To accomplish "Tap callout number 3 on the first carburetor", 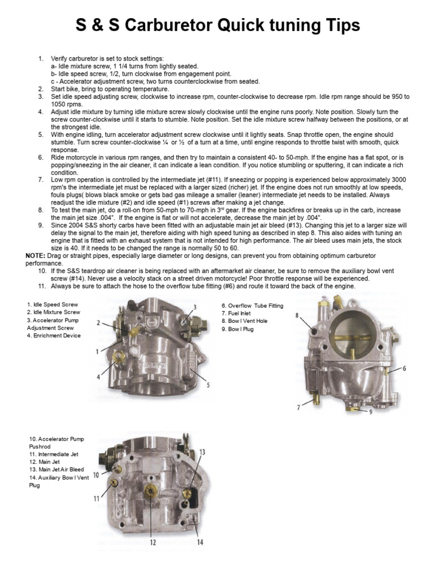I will tap(194, 307).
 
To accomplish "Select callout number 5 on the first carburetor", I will tap(208, 385).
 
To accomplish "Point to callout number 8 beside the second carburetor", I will tap(297, 316).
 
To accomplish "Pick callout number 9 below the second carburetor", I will tap(371, 412).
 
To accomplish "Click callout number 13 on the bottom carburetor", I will tap(202, 452).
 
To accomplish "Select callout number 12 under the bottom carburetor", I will tap(152, 542).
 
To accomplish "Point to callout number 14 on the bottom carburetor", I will tap(199, 542).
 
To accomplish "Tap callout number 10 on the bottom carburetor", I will tap(96, 475).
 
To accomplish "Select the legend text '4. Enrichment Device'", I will tap(54, 335).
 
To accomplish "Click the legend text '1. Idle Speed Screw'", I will tap(53, 304).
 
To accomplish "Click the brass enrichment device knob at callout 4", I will tap(119, 357).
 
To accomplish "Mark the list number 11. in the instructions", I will tap(42, 286).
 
